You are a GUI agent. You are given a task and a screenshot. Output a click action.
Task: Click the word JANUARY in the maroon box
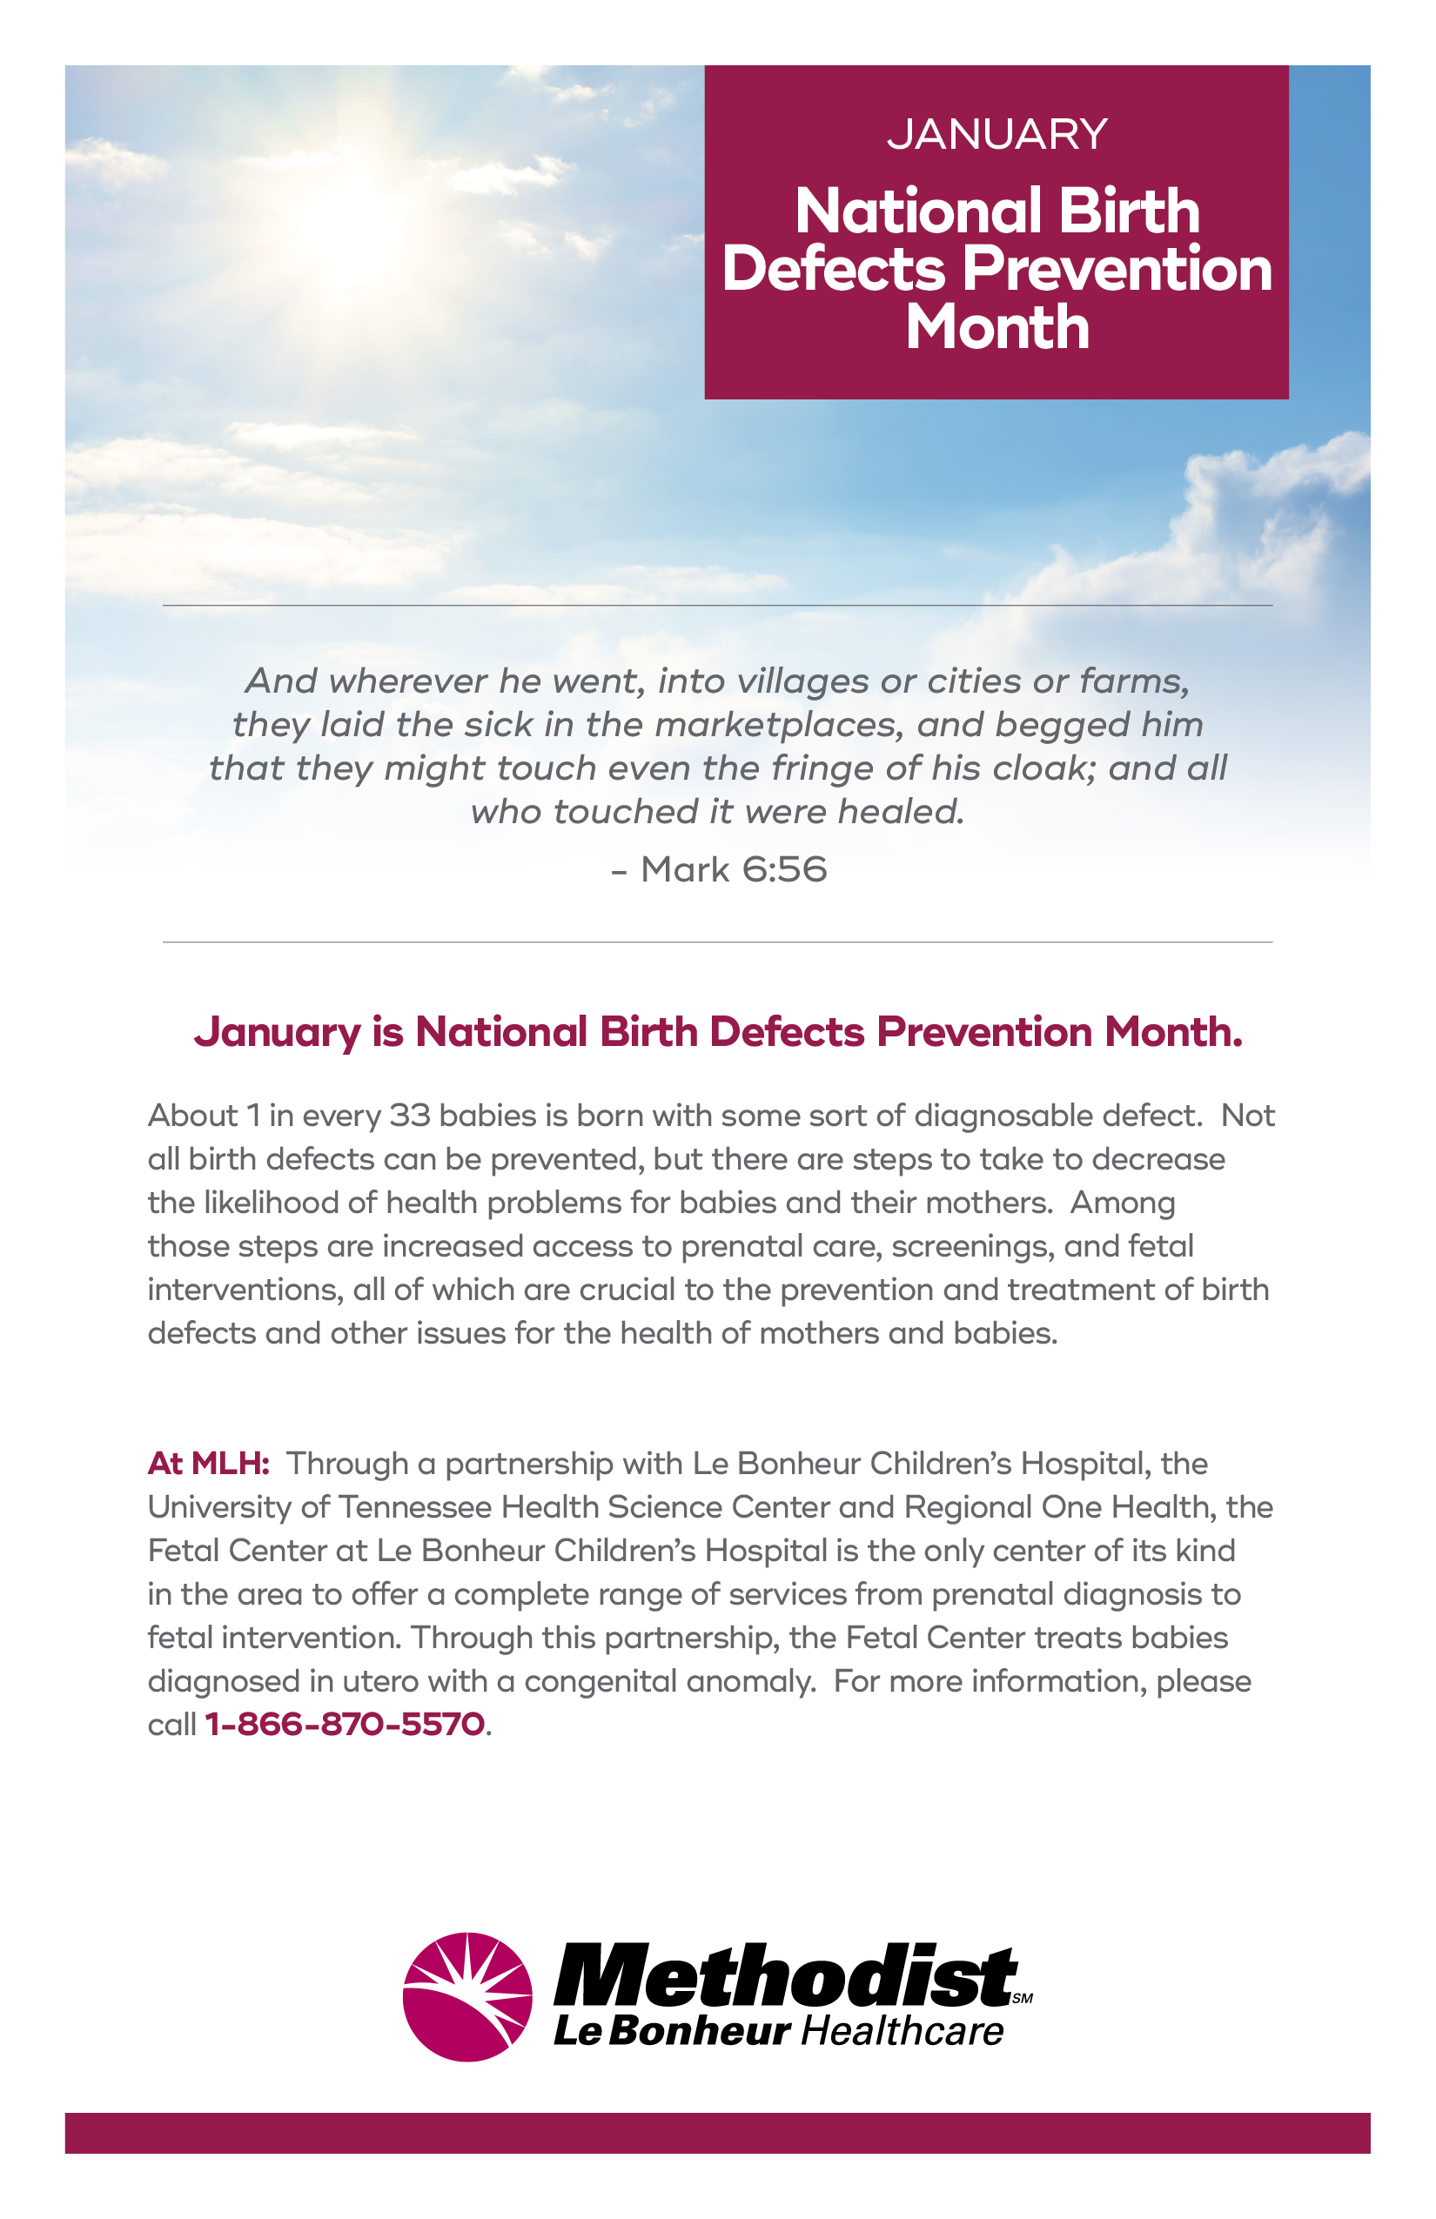[996, 134]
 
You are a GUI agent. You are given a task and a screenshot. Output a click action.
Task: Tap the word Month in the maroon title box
[996, 327]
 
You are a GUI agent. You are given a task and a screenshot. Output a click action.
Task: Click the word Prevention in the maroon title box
[1116, 269]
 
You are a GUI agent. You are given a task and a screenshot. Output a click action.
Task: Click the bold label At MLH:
[208, 1463]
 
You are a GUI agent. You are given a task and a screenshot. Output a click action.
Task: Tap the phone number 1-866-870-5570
[344, 1724]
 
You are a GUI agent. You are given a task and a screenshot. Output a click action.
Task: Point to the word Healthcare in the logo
[902, 2033]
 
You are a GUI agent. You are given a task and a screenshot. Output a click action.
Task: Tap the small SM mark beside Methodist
[1022, 1998]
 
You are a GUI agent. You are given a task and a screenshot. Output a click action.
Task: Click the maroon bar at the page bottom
[717, 2133]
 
